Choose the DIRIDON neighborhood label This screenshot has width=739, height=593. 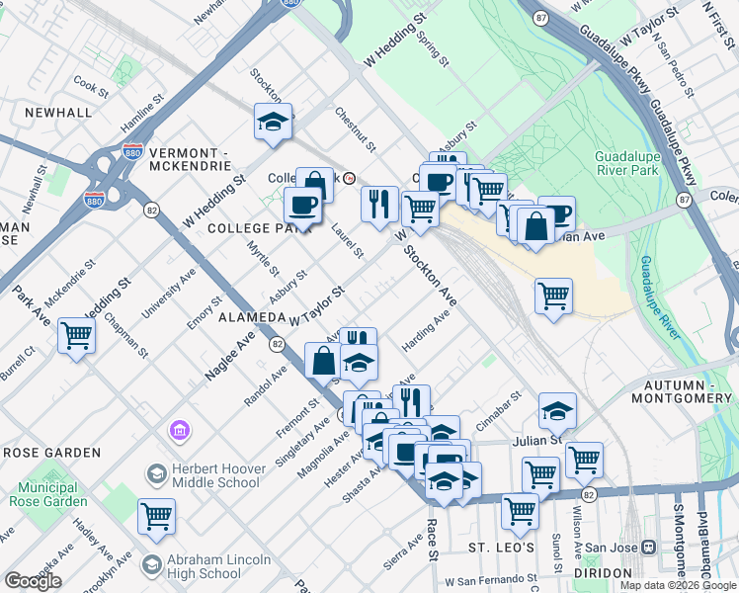point(599,573)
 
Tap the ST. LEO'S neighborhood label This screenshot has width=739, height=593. point(501,548)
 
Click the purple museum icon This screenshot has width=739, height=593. point(180,430)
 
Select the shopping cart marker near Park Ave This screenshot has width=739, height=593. point(76,335)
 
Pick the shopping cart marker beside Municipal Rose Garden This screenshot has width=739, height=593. point(156,515)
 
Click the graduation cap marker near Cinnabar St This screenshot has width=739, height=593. point(558,409)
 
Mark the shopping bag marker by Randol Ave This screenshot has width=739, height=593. point(324,360)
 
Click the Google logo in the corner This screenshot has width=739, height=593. point(33,581)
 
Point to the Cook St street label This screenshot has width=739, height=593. point(90,87)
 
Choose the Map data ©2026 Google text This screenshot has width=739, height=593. point(678,585)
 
